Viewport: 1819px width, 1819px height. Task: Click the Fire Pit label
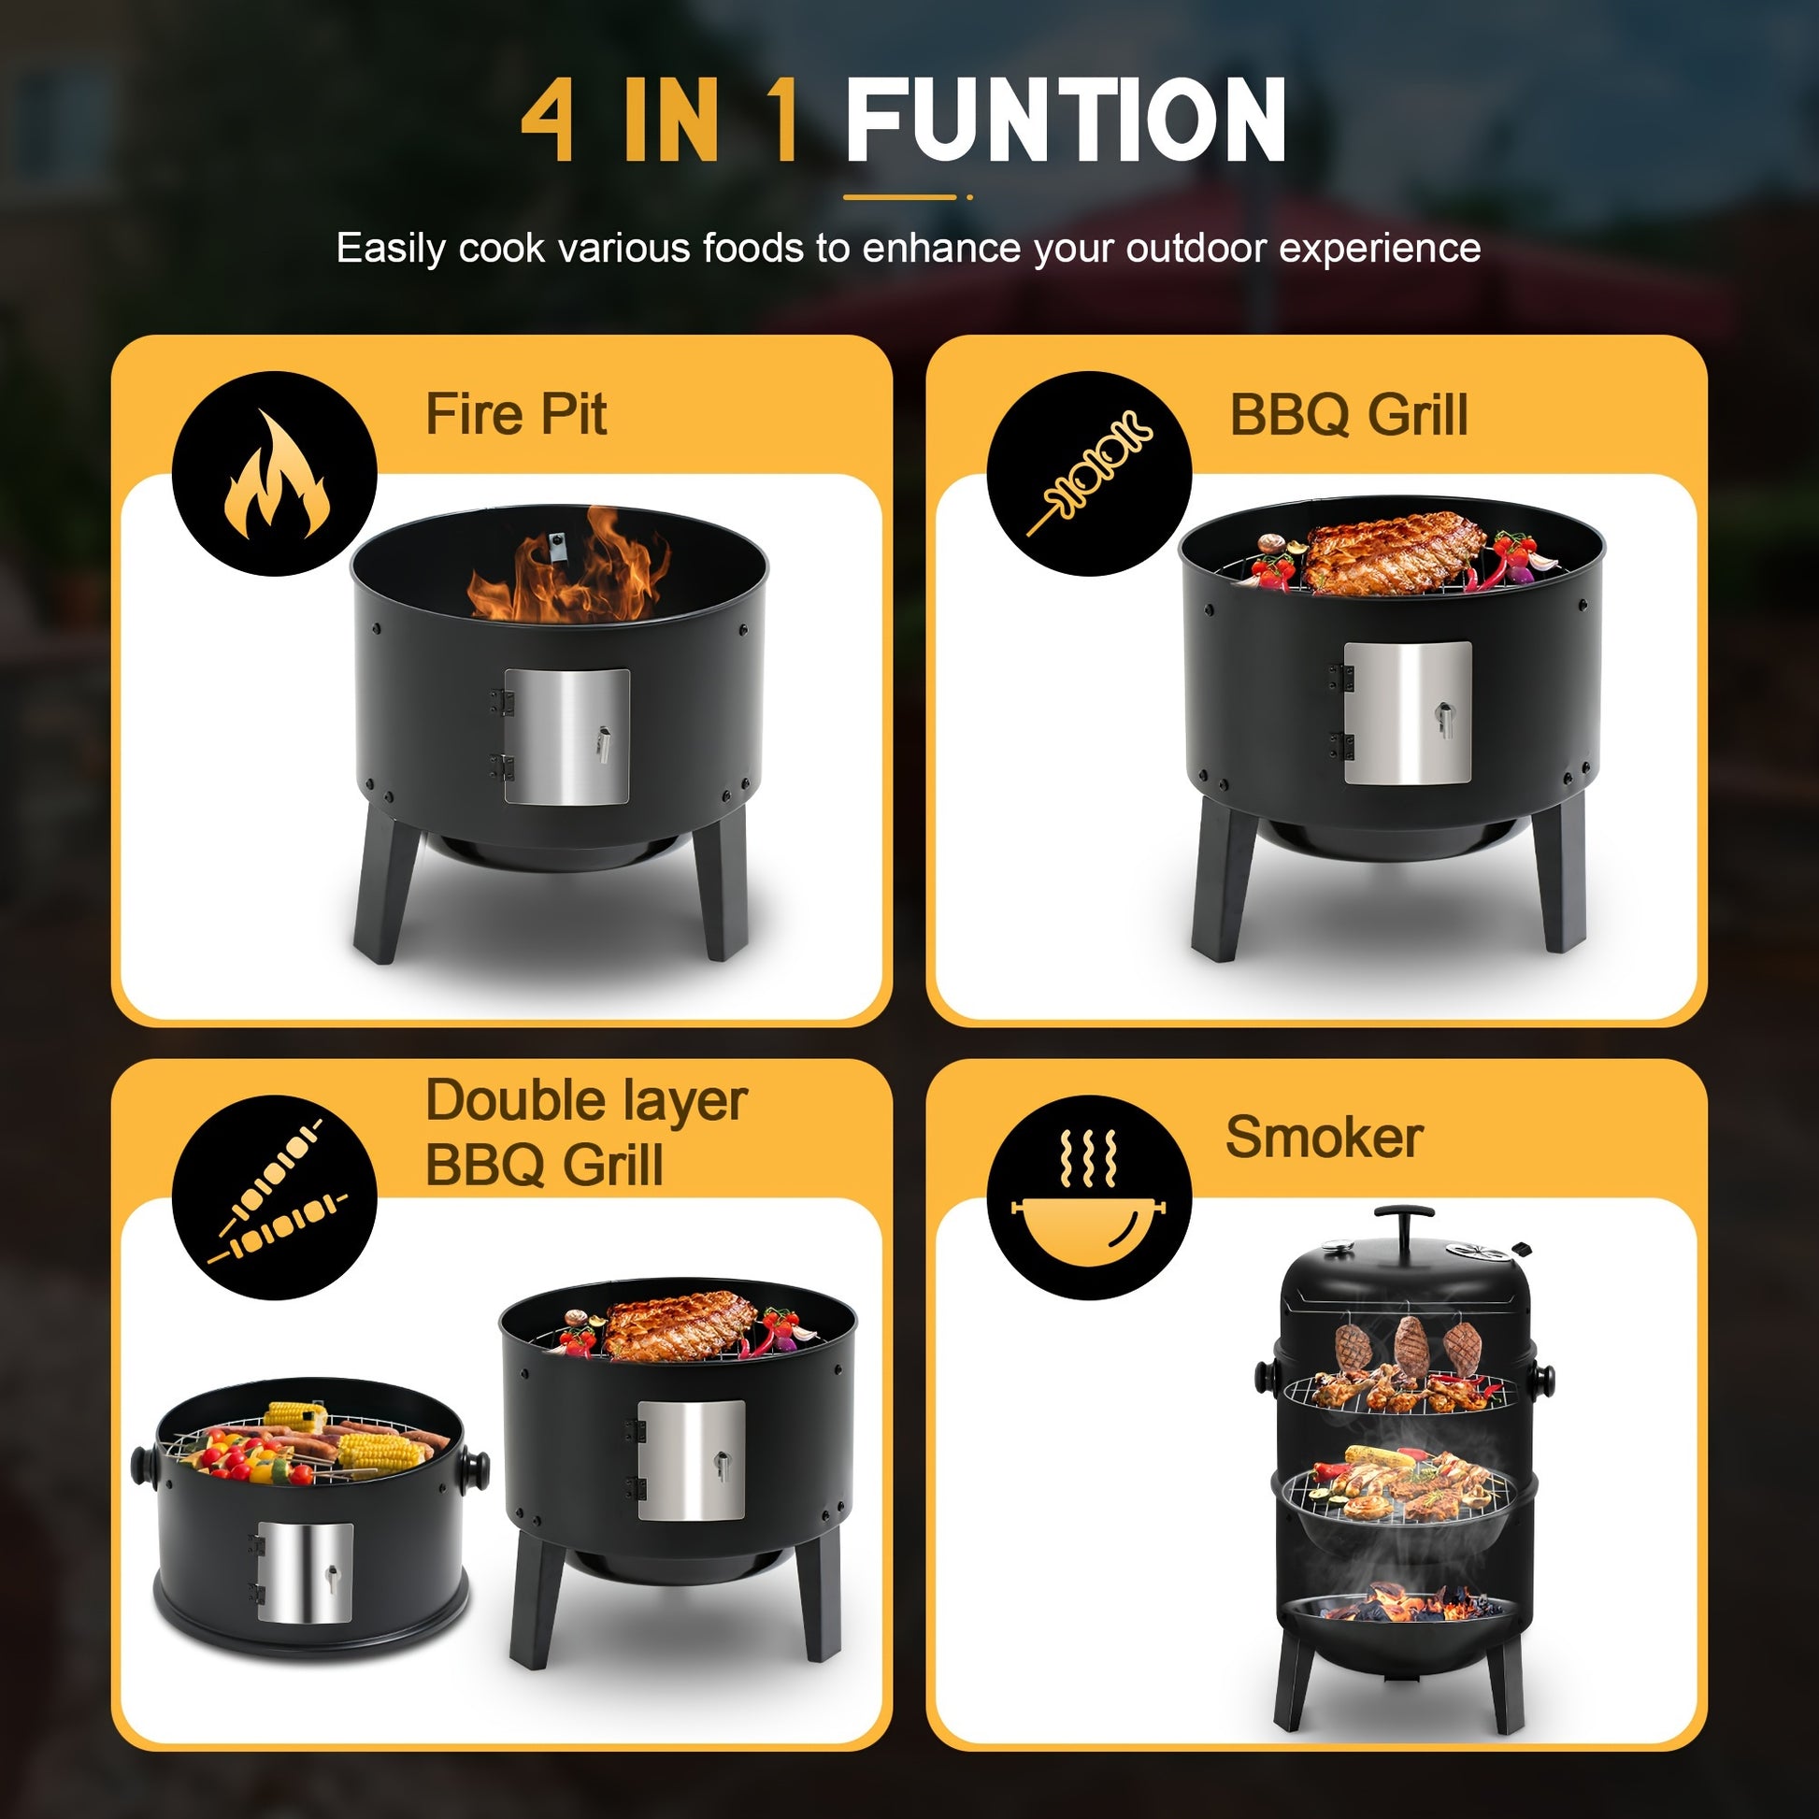pos(516,414)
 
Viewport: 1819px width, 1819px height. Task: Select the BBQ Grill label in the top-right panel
pos(1348,414)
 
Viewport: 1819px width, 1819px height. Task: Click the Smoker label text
pos(1324,1138)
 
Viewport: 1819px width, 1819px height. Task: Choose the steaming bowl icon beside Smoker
pos(1088,1194)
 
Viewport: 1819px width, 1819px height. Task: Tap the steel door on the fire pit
pos(566,737)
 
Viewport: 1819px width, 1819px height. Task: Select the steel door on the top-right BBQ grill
pos(1408,712)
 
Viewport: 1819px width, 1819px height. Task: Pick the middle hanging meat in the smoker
pos(1411,1347)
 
